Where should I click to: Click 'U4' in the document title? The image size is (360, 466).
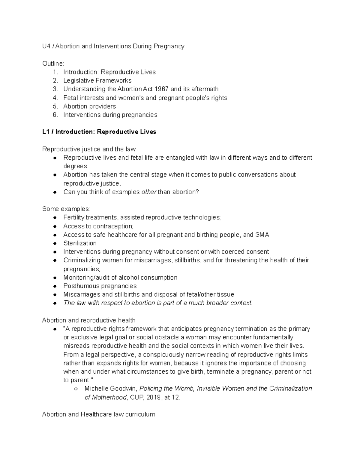[x=46, y=46]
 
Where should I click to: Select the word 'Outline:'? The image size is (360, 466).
[x=53, y=64]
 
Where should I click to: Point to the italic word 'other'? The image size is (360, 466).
[x=149, y=192]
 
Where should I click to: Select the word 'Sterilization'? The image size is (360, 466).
[x=80, y=243]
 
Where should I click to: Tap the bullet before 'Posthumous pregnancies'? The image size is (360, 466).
[x=55, y=286]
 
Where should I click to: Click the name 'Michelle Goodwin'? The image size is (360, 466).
[x=110, y=389]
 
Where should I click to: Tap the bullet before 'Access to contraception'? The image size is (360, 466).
[x=55, y=227]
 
